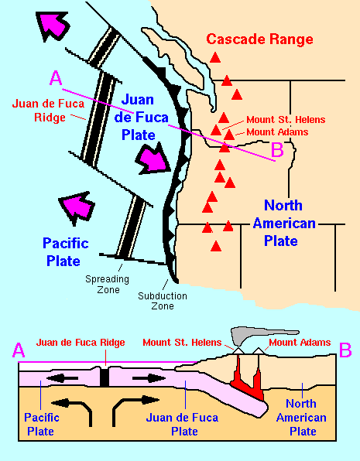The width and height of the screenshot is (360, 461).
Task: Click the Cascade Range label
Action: (259, 39)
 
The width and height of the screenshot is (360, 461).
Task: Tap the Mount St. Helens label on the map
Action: (286, 120)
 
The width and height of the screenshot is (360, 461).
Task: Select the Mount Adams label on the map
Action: (277, 132)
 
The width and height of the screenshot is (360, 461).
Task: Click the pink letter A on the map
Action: (56, 78)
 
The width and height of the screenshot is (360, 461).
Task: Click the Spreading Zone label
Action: (107, 284)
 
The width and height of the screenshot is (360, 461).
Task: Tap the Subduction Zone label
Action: (163, 301)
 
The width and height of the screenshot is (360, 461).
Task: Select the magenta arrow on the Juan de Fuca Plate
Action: (153, 159)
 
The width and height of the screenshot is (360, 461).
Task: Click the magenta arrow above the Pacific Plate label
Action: (77, 207)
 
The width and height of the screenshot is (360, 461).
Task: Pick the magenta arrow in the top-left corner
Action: (53, 26)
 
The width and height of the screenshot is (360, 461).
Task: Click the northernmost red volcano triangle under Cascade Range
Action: (215, 57)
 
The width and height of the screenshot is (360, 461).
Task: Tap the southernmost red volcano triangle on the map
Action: (216, 246)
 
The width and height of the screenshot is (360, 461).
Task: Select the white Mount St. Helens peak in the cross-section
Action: (238, 350)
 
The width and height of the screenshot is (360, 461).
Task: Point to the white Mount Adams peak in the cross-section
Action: (258, 350)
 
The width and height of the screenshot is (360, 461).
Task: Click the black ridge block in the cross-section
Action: (105, 377)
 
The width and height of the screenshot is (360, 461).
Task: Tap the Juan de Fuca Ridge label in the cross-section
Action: (81, 343)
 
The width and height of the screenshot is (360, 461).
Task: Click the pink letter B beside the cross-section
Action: (345, 350)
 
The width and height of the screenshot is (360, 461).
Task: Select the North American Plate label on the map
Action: (283, 223)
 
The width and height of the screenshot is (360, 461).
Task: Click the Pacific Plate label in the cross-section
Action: (41, 424)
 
